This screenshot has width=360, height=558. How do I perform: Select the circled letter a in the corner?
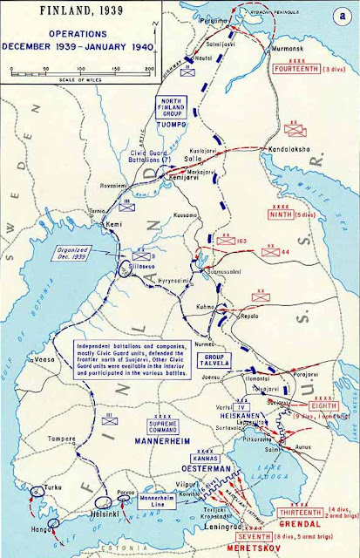coord(343,17)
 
